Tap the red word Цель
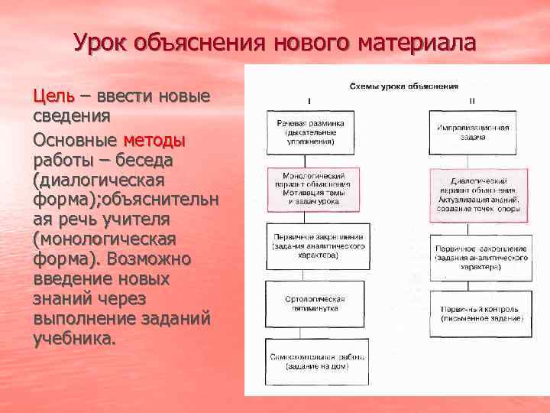pos(53,96)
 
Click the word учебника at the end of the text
pos(75,339)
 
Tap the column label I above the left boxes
pos(309,99)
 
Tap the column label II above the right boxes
pos(472,99)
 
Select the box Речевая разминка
pos(309,131)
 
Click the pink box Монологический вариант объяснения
pos(311,187)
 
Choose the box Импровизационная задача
pos(479,131)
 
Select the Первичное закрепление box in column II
pos(480,253)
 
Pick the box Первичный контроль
pos(480,313)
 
